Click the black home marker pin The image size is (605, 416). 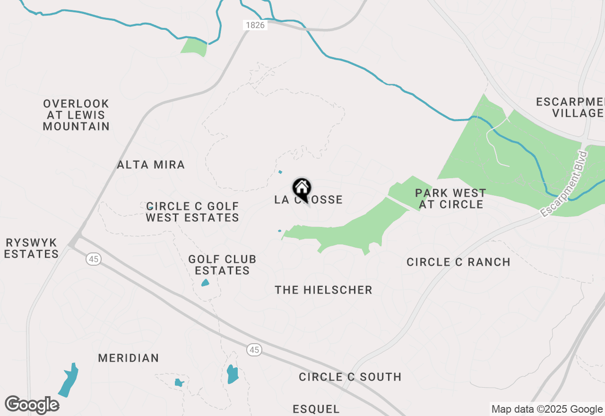coord(302,188)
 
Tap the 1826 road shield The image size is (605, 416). coord(255,25)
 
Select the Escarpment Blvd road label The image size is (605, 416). coord(564,184)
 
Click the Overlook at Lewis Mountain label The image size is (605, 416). coord(76,115)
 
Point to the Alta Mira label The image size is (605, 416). coord(151,165)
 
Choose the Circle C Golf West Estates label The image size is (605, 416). coord(192,212)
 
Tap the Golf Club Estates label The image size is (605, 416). coord(222,265)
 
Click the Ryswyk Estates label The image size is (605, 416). coord(31,248)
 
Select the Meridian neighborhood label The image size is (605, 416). coord(129,358)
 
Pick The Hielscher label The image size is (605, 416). coord(324,290)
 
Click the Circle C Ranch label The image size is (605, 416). coord(458,262)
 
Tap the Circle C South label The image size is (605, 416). coord(350,377)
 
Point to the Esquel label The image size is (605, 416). coord(316,409)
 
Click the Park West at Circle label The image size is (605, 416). coord(450,199)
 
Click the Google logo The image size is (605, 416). coord(32,405)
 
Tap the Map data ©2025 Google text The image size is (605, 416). coord(547,409)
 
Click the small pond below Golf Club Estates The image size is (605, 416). coord(205,283)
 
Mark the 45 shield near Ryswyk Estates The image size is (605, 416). coord(94,259)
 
